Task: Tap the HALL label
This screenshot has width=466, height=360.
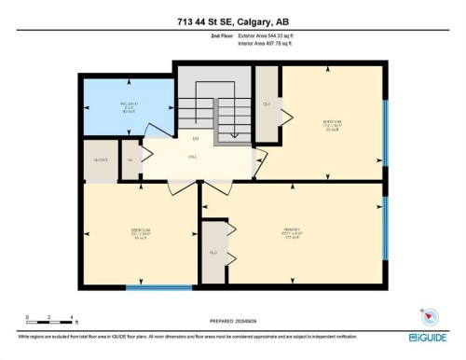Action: click(x=192, y=158)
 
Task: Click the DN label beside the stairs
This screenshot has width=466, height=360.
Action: click(x=196, y=139)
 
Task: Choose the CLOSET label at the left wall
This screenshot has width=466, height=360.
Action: click(x=102, y=160)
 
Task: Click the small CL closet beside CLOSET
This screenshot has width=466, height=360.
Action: click(x=130, y=160)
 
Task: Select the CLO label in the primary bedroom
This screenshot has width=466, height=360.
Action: click(x=213, y=252)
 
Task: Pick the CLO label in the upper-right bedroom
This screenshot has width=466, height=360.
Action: click(x=267, y=104)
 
